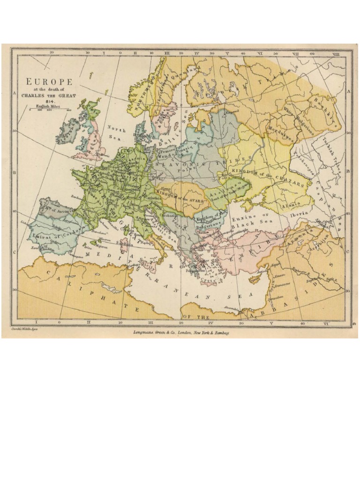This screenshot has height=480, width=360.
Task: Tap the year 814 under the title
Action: pyautogui.click(x=50, y=101)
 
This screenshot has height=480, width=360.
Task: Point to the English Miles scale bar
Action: pyautogui.click(x=50, y=110)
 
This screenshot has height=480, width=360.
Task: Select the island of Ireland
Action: pyautogui.click(x=67, y=132)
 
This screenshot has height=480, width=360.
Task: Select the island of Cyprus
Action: pyautogui.click(x=255, y=278)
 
